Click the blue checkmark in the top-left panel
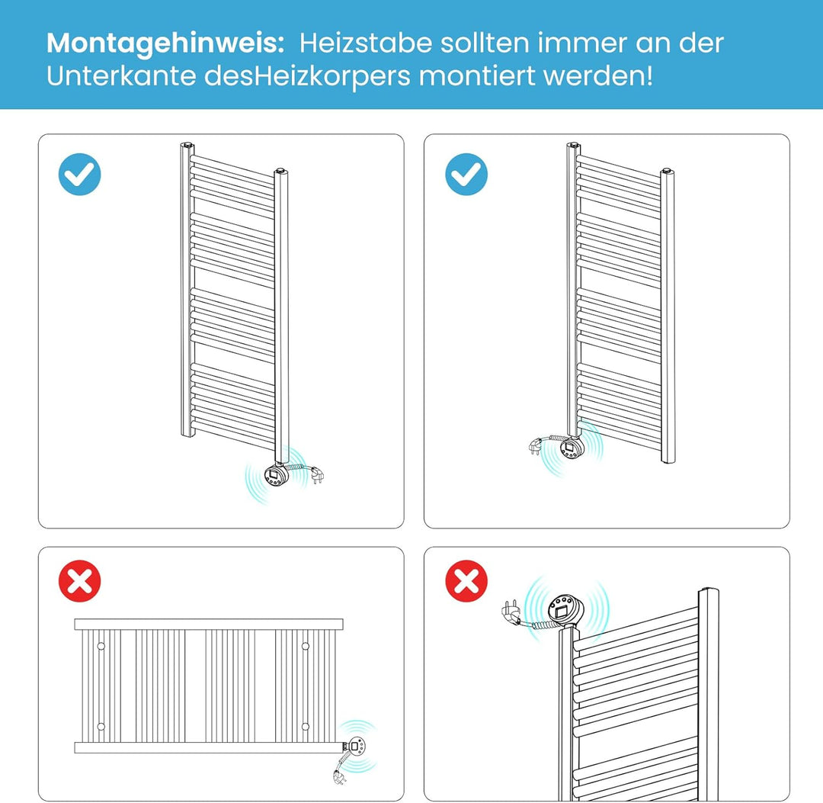click(x=79, y=175)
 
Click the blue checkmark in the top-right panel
click(x=466, y=175)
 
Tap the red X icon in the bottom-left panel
click(x=79, y=581)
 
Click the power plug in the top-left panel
click(x=315, y=476)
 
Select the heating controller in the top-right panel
click(x=572, y=449)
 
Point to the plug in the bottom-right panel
click(x=508, y=610)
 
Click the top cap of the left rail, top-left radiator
click(x=187, y=143)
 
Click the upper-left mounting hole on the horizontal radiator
click(x=101, y=647)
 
